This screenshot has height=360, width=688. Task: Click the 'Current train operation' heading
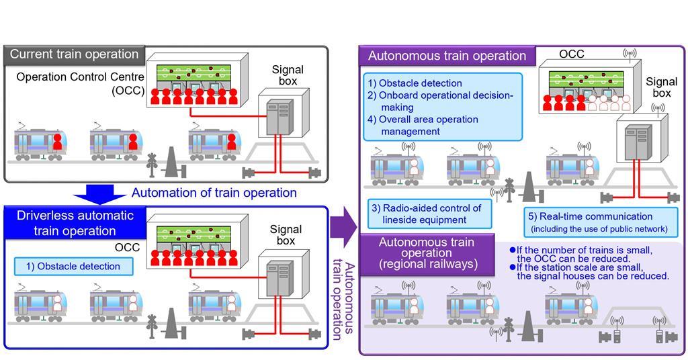(74, 54)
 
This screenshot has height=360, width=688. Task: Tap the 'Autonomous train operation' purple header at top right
(447, 56)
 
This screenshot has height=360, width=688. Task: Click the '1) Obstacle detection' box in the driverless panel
(73, 266)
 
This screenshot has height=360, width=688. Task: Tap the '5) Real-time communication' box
(600, 222)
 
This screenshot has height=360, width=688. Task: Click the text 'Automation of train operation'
(214, 193)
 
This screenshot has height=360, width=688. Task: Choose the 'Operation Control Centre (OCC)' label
(81, 83)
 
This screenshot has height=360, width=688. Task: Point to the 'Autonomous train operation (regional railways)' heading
(426, 253)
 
